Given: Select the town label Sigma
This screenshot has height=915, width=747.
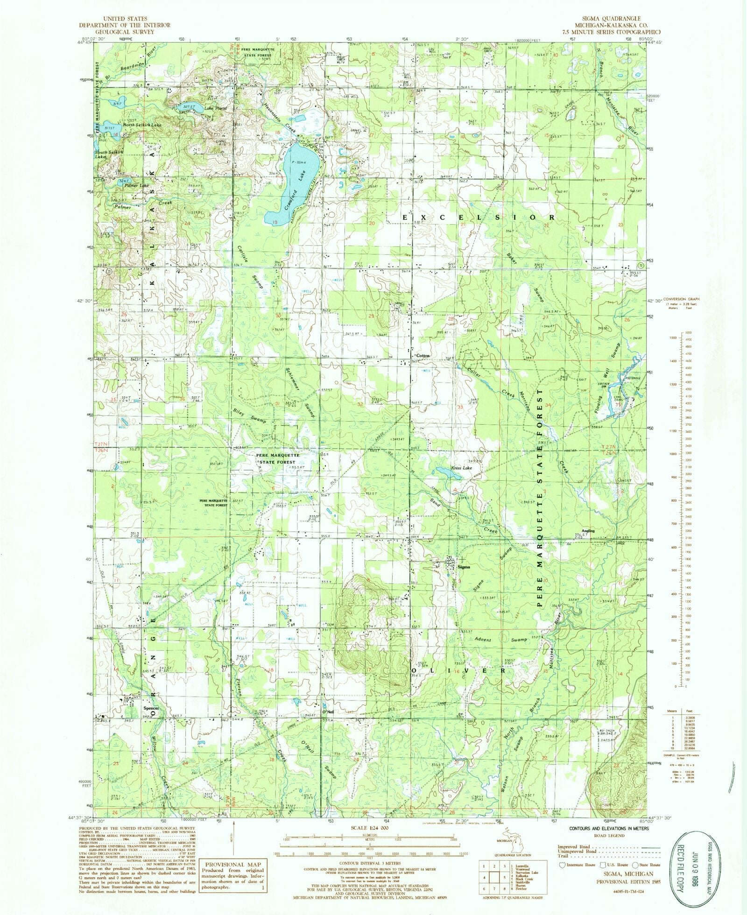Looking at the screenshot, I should pyautogui.click(x=464, y=567).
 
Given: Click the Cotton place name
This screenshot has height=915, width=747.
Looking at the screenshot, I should pyautogui.click(x=423, y=356).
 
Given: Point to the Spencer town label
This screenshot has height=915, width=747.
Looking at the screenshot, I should pyautogui.click(x=151, y=708).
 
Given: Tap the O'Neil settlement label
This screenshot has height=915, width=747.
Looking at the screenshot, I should pyautogui.click(x=328, y=711).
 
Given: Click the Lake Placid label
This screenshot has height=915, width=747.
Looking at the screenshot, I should pyautogui.click(x=216, y=108).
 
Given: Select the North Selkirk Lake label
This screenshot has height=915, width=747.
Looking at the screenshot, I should pyautogui.click(x=142, y=125).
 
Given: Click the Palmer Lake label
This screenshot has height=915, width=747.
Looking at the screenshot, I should pyautogui.click(x=137, y=185).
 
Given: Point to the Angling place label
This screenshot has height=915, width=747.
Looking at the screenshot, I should pyautogui.click(x=588, y=531).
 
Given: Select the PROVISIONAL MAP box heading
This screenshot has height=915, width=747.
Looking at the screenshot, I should pyautogui.click(x=233, y=864).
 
